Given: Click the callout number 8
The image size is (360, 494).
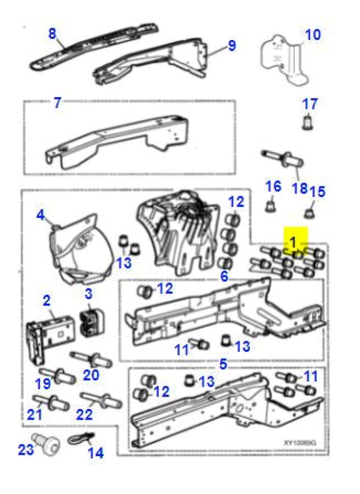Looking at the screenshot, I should (53, 33).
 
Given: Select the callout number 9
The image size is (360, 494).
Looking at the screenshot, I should (231, 45).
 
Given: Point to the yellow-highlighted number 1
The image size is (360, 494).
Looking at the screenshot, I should (293, 243).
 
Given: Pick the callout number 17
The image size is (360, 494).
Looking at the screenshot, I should (309, 104).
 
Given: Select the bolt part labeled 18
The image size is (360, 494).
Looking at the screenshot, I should (283, 160).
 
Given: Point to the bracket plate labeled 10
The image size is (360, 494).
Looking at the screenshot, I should (284, 61).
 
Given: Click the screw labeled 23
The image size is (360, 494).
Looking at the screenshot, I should (46, 443).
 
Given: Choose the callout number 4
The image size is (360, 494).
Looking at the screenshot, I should (40, 216).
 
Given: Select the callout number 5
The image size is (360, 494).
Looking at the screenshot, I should (223, 364).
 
